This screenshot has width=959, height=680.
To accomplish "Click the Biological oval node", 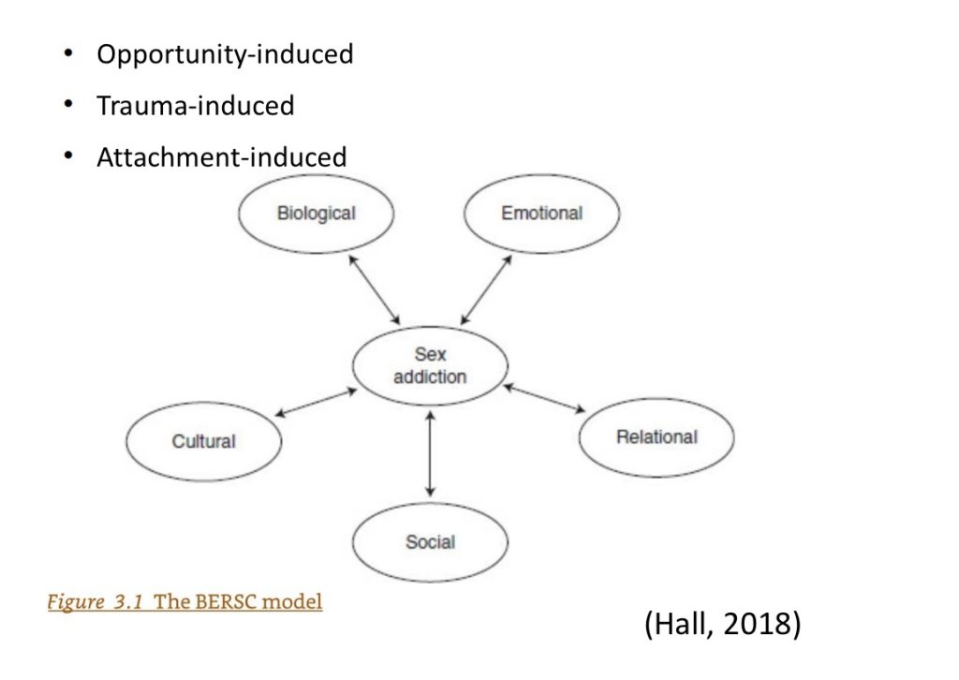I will (316, 214).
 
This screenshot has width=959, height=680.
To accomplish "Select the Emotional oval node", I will (541, 214).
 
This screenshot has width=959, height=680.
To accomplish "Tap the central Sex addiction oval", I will (430, 366).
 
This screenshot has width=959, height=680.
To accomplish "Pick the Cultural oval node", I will (203, 441).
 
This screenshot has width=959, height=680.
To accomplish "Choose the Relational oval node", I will (657, 437).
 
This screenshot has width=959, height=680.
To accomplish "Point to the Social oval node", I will (430, 541).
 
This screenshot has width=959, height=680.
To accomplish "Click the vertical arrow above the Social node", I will (430, 452).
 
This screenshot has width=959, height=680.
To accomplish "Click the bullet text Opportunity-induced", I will (225, 54).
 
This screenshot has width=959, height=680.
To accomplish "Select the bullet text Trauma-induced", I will (195, 106).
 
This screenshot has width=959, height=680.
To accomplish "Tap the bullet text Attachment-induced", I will (221, 156).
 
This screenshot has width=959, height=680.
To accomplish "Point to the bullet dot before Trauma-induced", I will (67, 105).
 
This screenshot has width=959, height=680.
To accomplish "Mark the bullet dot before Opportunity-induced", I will (67, 53).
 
